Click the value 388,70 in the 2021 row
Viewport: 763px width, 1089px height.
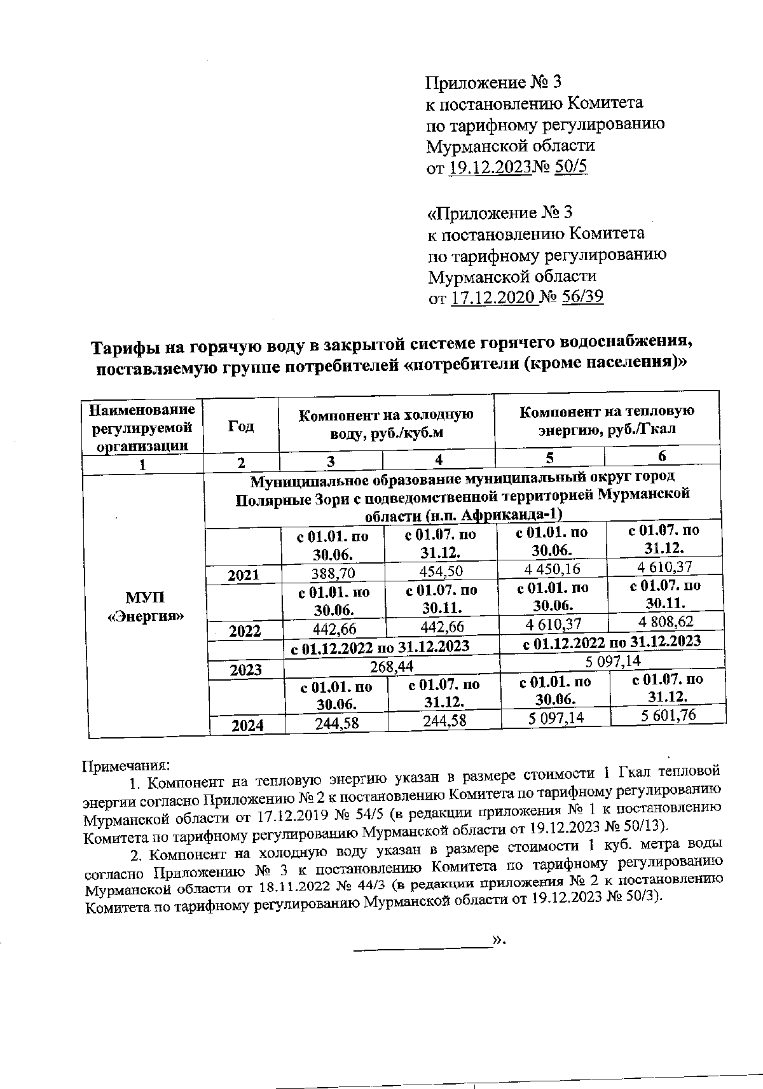[x=333, y=572]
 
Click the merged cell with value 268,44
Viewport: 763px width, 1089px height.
[x=392, y=666]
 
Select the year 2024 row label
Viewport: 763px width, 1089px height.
[x=248, y=725]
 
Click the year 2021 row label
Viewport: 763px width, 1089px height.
[x=244, y=576]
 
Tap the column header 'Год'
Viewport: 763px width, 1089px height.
[x=240, y=426]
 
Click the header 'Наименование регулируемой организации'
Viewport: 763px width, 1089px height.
[x=142, y=427]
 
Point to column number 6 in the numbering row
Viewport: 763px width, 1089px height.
[x=662, y=455]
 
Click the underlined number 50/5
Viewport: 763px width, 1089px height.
[x=571, y=167]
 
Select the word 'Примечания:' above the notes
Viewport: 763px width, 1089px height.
[x=125, y=764]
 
